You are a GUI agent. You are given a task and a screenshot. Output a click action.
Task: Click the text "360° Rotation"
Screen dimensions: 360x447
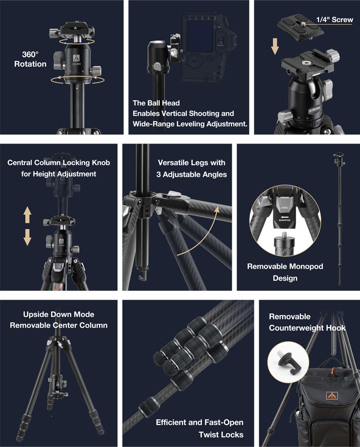coord(30,59)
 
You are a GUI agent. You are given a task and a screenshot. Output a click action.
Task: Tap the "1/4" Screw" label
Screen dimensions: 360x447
coord(335,20)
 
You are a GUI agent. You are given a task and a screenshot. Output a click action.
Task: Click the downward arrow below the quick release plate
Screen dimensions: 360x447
coord(275,46)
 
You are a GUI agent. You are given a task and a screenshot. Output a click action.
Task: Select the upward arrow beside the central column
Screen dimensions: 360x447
coord(27,215)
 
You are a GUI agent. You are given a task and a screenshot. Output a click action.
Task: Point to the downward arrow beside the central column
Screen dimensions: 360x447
coord(27,237)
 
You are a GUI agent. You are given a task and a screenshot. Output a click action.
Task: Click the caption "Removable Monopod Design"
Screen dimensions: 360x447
coord(285,272)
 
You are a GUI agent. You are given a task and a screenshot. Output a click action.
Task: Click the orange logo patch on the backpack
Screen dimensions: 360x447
coord(332,396)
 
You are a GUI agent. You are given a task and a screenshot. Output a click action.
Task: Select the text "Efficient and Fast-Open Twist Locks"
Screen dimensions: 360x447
coord(200,429)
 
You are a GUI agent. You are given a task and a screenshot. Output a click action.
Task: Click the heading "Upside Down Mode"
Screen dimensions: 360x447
coord(58,314)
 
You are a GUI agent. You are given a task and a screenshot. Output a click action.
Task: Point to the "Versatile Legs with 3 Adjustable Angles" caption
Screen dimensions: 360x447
coord(192,168)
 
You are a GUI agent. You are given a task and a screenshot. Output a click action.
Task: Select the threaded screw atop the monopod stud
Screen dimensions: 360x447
coord(284,235)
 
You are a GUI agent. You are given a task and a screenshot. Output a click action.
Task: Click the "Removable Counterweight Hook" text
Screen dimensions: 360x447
coord(307,322)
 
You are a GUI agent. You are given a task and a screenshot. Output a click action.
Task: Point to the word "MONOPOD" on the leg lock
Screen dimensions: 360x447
coord(284,221)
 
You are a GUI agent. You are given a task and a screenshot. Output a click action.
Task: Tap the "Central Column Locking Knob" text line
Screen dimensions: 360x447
coord(58,163)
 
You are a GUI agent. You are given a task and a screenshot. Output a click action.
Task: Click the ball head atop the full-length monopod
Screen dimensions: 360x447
coord(339,159)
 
